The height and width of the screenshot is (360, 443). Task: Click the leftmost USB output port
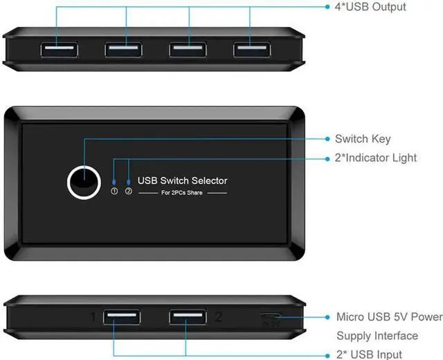click(x=57, y=50)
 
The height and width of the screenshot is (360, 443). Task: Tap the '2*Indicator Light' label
click(x=375, y=158)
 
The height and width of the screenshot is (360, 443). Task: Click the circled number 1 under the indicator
click(x=114, y=192)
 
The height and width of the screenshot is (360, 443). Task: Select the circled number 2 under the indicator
click(x=128, y=192)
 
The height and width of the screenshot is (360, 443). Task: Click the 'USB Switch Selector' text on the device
click(x=183, y=181)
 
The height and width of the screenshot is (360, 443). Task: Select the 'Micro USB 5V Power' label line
click(x=388, y=317)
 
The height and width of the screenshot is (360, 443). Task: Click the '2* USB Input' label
click(x=370, y=354)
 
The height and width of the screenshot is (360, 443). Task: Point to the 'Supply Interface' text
click(x=377, y=336)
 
